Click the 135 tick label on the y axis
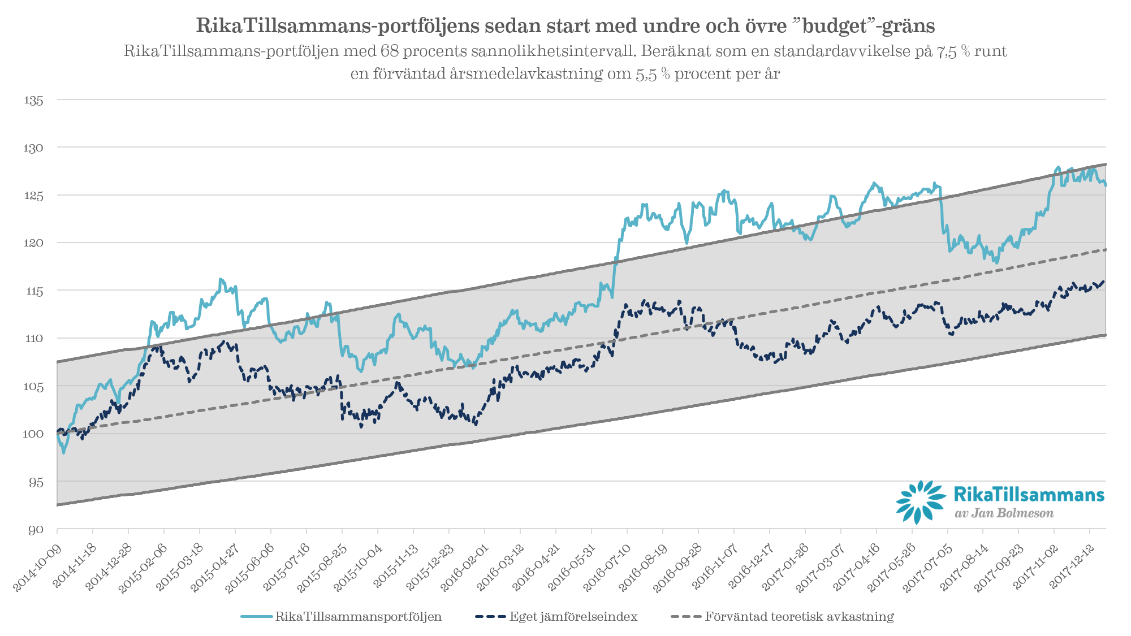[33, 100]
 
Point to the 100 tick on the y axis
[33, 434]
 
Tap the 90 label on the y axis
[36, 530]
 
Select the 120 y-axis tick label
[33, 243]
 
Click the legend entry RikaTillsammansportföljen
[358, 617]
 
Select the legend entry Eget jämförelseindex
[573, 617]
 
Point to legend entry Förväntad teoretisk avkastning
[799, 617]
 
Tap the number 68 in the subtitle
[390, 51]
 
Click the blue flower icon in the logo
[920, 501]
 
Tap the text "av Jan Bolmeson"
[1004, 513]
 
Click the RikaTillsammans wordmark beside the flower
[1029, 495]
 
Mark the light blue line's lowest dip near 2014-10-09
[64, 452]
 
